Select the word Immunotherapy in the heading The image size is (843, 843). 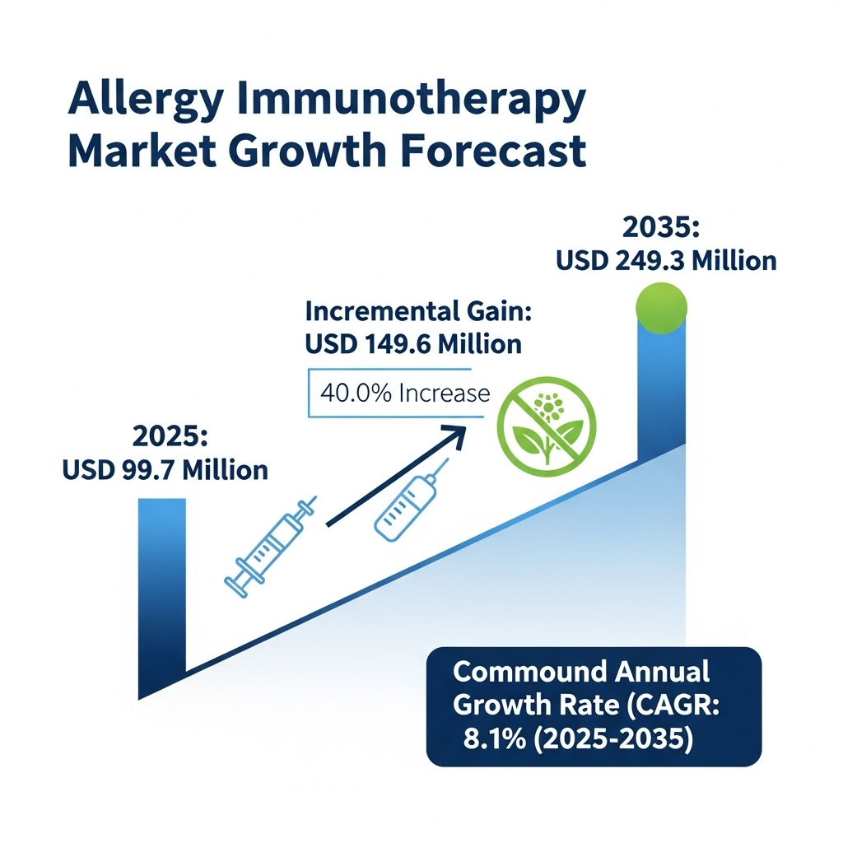[x=412, y=100]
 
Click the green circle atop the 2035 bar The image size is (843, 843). [x=661, y=308]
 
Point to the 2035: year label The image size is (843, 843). [x=661, y=227]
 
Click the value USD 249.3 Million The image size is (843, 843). [x=666, y=261]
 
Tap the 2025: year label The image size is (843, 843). [x=170, y=435]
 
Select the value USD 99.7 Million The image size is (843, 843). [x=165, y=470]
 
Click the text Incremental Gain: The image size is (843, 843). [x=418, y=310]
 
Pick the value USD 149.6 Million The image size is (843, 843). [x=413, y=344]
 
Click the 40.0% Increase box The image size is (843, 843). [x=396, y=393]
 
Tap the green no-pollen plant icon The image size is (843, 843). [x=547, y=426]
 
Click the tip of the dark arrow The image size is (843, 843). [x=466, y=427]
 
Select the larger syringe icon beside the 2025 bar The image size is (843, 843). [x=270, y=547]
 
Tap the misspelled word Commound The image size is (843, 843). [x=529, y=672]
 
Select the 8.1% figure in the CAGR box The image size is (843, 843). [x=495, y=739]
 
